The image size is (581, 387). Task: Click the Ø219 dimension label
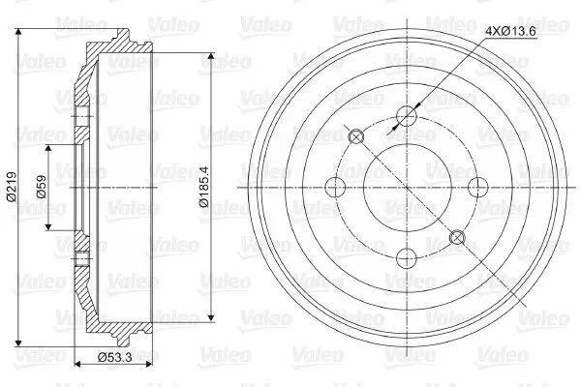click(x=11, y=187)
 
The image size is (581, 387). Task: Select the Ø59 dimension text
click(x=42, y=187)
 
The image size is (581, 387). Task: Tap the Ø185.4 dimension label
click(x=204, y=187)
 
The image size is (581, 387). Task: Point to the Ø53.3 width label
click(x=115, y=357)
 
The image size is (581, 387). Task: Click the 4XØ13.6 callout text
click(x=511, y=32)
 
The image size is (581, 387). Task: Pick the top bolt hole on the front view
click(x=407, y=116)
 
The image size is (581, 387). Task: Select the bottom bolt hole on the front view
click(x=407, y=257)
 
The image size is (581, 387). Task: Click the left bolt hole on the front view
click(x=336, y=187)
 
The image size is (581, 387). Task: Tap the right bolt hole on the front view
click(x=477, y=187)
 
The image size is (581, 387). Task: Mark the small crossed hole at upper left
click(x=356, y=137)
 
